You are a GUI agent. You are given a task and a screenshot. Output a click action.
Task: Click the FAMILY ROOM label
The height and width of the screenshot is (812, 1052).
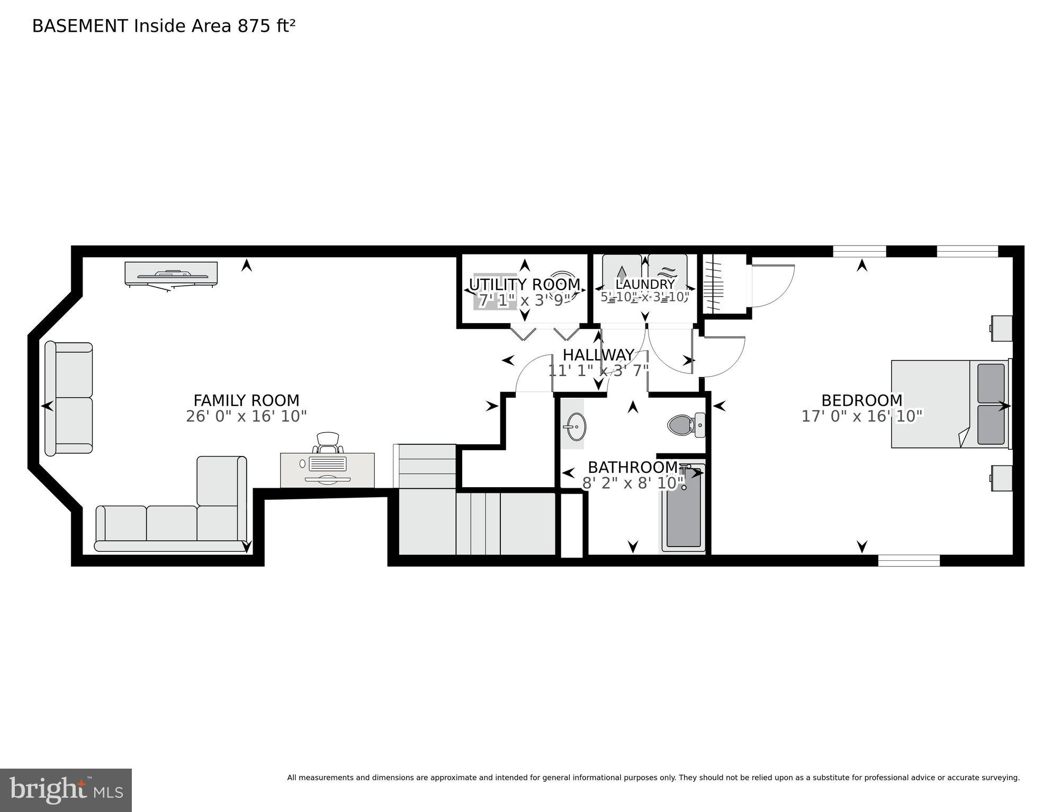pyautogui.click(x=246, y=400)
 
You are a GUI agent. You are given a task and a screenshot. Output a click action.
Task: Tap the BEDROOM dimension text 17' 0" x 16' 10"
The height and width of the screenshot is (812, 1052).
pyautogui.click(x=861, y=416)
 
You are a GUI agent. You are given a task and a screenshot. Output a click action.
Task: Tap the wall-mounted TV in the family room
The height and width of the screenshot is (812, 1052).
pyautogui.click(x=171, y=274)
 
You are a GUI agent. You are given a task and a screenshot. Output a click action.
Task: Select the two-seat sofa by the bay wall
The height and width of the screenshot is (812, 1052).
pyautogui.click(x=69, y=398)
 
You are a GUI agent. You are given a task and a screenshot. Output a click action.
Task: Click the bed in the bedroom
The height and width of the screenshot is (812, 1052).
pyautogui.click(x=949, y=404)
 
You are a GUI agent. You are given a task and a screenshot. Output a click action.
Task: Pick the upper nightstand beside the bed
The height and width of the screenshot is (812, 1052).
pyautogui.click(x=1002, y=328)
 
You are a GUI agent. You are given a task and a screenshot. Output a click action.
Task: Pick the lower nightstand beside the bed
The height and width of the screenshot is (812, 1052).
pyautogui.click(x=1002, y=478)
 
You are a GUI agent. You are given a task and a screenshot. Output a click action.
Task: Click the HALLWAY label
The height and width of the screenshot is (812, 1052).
pyautogui.click(x=598, y=354)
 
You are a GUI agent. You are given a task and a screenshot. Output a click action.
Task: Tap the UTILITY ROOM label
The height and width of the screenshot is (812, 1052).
pyautogui.click(x=524, y=285)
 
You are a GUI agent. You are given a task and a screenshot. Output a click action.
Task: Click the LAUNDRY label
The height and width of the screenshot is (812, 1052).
pyautogui.click(x=644, y=285)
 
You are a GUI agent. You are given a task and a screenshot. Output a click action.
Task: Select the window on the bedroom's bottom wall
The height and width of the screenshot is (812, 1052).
pyautogui.click(x=909, y=560)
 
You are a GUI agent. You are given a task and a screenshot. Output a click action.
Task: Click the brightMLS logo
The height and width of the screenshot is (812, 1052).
pyautogui.click(x=66, y=790)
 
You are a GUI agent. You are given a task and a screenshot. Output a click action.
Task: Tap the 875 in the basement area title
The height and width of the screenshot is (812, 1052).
pyautogui.click(x=254, y=26)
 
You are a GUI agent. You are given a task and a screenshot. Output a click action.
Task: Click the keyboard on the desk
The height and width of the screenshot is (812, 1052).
pyautogui.click(x=327, y=464)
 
